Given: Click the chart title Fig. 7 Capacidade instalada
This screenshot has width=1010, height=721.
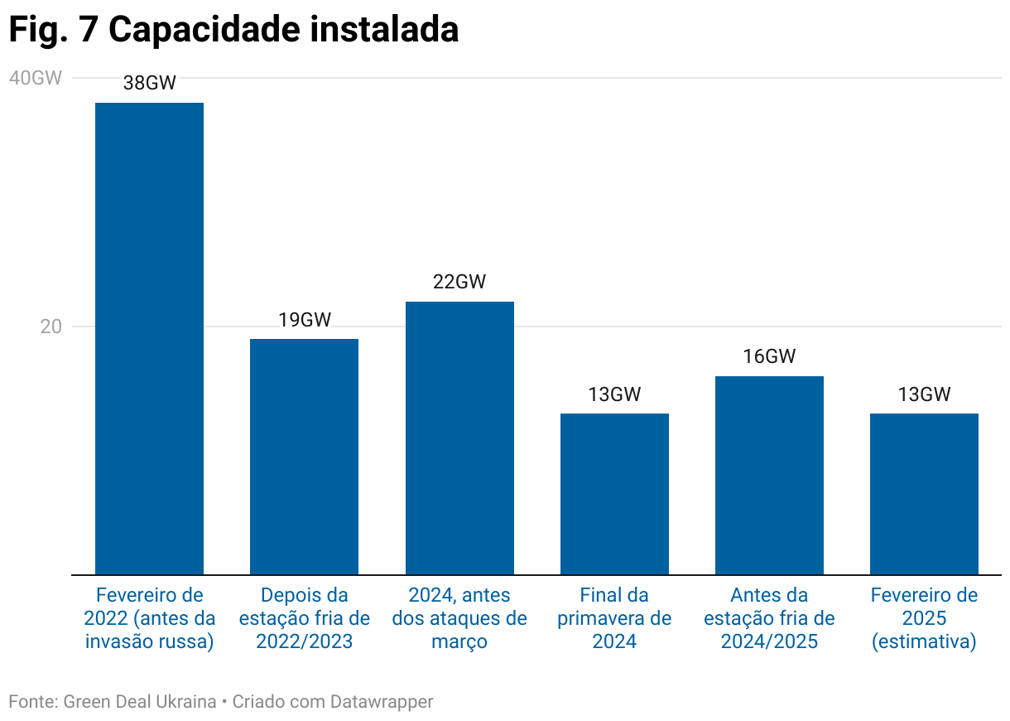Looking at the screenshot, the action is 233,30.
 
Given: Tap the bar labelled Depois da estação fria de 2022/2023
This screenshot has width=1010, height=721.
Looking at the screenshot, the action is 304,456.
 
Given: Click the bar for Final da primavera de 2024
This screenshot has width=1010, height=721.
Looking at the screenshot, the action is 614,494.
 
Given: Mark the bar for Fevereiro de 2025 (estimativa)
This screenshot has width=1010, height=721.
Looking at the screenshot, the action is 924,494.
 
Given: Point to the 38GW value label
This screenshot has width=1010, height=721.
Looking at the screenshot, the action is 149,83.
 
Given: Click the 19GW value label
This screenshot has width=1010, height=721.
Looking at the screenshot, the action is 304,320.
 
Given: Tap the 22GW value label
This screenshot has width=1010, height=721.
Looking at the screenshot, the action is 459,282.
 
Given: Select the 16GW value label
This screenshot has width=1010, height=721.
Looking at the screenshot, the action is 769,356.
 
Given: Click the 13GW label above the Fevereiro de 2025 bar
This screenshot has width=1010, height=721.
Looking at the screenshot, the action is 924,394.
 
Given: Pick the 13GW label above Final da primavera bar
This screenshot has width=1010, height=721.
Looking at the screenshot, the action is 614,394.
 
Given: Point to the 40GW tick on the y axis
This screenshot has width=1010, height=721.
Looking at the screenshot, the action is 35,78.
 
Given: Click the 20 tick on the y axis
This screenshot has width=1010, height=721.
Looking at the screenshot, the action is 51,327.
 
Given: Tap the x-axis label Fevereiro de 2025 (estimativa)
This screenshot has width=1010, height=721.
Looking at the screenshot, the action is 924,618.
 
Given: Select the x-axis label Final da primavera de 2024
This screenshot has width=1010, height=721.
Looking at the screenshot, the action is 614,618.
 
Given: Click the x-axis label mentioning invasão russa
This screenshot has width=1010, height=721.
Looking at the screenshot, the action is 149,618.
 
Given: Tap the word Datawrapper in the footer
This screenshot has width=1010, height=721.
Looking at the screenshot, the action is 382,702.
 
